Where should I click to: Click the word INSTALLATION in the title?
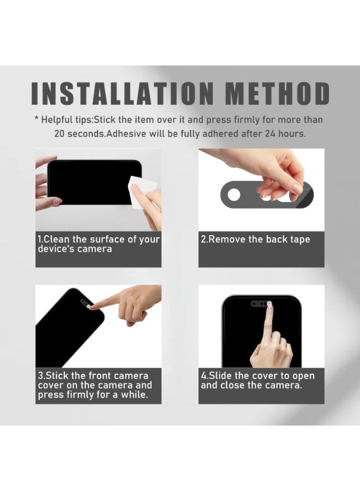(x=122, y=93)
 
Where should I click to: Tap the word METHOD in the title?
(x=277, y=93)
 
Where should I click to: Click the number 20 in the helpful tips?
(x=59, y=134)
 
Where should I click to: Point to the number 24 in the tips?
(x=270, y=134)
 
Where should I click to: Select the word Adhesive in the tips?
(x=127, y=134)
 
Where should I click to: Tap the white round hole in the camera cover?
(x=234, y=194)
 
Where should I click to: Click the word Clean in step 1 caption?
(x=56, y=239)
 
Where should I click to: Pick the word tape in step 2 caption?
(x=300, y=239)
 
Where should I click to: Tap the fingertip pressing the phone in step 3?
(x=91, y=306)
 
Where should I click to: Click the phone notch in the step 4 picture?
(x=261, y=304)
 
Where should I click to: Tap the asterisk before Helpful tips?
(x=37, y=119)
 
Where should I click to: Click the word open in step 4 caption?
(x=303, y=376)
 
